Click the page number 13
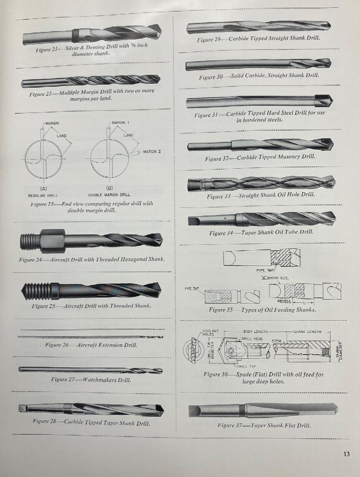point(346,454)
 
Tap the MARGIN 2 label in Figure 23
point(152,152)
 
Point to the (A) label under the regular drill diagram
point(43,189)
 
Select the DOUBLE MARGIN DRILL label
point(109,195)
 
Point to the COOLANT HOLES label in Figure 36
point(211,333)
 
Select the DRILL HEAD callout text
point(252,339)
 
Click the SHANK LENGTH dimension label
point(307,332)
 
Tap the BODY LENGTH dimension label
point(255,332)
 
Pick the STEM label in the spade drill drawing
point(276,342)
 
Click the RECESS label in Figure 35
point(283,301)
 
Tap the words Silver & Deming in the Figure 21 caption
point(85,47)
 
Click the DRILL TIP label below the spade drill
point(247,367)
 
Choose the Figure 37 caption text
point(264,425)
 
